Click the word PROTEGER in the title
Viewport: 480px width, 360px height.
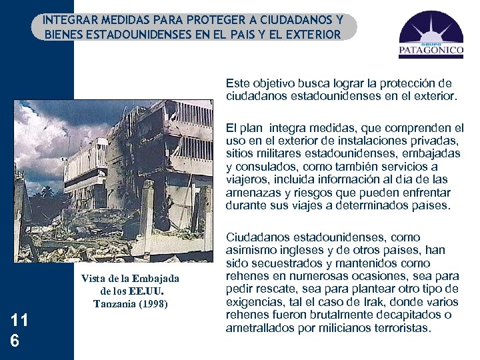(x=217, y=20)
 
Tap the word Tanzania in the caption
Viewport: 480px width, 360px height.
(x=116, y=303)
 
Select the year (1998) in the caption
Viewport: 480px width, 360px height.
(x=154, y=303)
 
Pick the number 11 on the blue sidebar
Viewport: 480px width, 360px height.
(x=19, y=321)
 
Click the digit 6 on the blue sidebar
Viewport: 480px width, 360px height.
(x=15, y=341)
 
